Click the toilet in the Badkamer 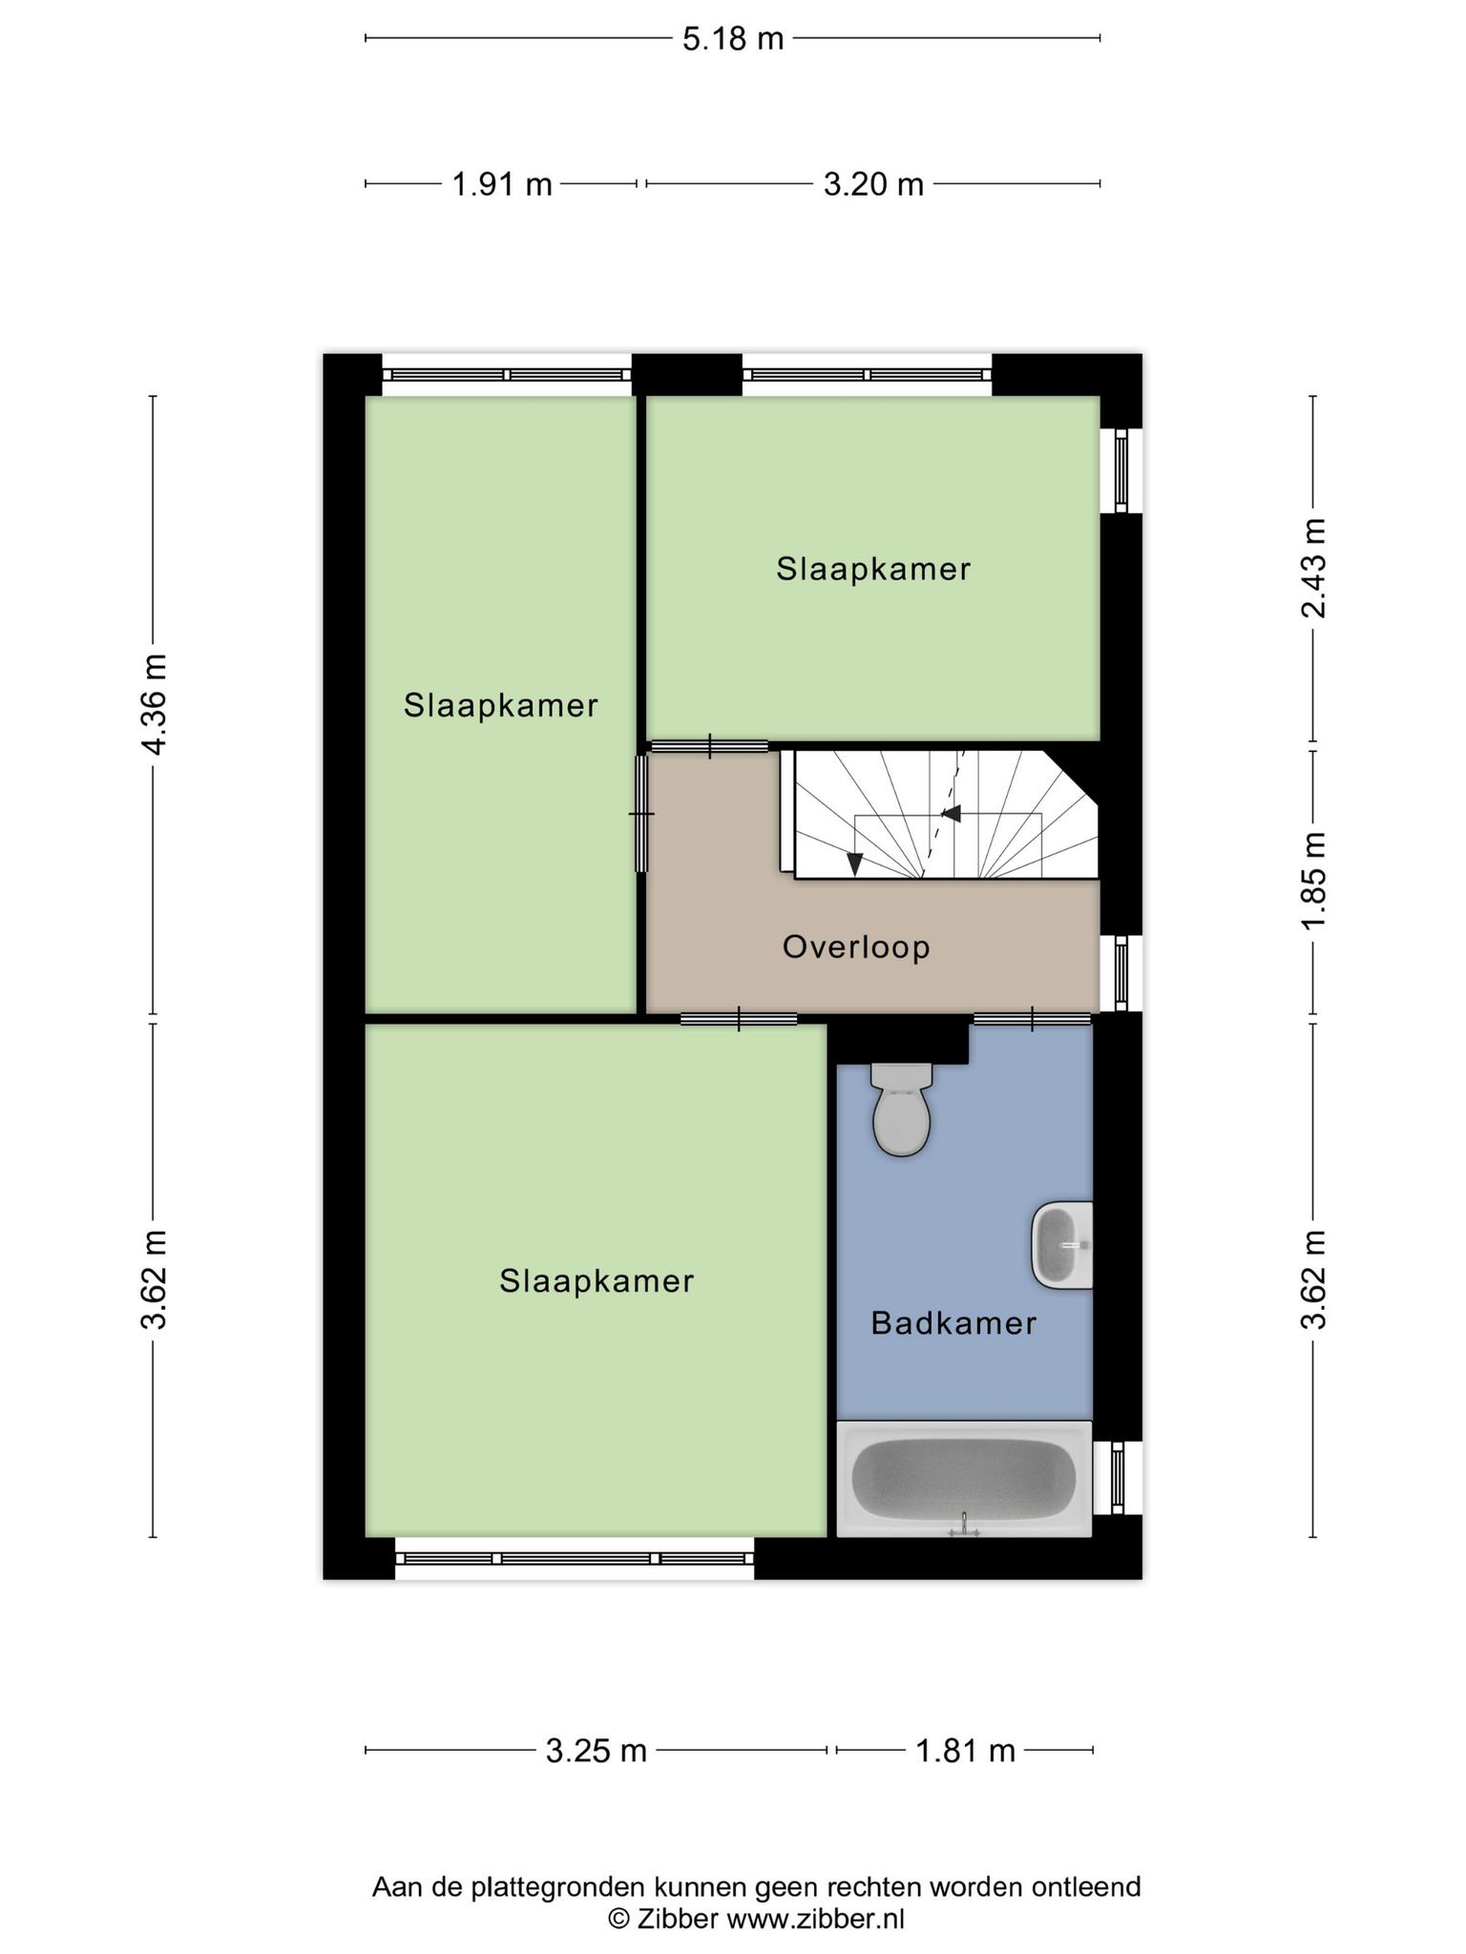tap(901, 1109)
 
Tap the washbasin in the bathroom tap(1061, 1244)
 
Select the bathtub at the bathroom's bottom tap(964, 1478)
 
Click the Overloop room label tap(856, 947)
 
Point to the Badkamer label tap(953, 1323)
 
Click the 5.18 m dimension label tap(733, 38)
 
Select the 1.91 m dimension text tap(502, 183)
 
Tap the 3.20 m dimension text tap(873, 183)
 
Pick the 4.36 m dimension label tap(154, 704)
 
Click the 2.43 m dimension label tap(1314, 568)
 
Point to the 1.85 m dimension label tap(1314, 879)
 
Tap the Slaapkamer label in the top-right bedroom tap(873, 570)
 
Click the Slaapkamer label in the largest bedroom tap(597, 1281)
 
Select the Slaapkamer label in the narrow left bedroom tap(501, 706)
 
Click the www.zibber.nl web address tap(816, 1919)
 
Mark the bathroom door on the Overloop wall tap(1032, 1019)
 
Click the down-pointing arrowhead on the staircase tap(855, 863)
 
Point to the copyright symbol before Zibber tap(620, 1919)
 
